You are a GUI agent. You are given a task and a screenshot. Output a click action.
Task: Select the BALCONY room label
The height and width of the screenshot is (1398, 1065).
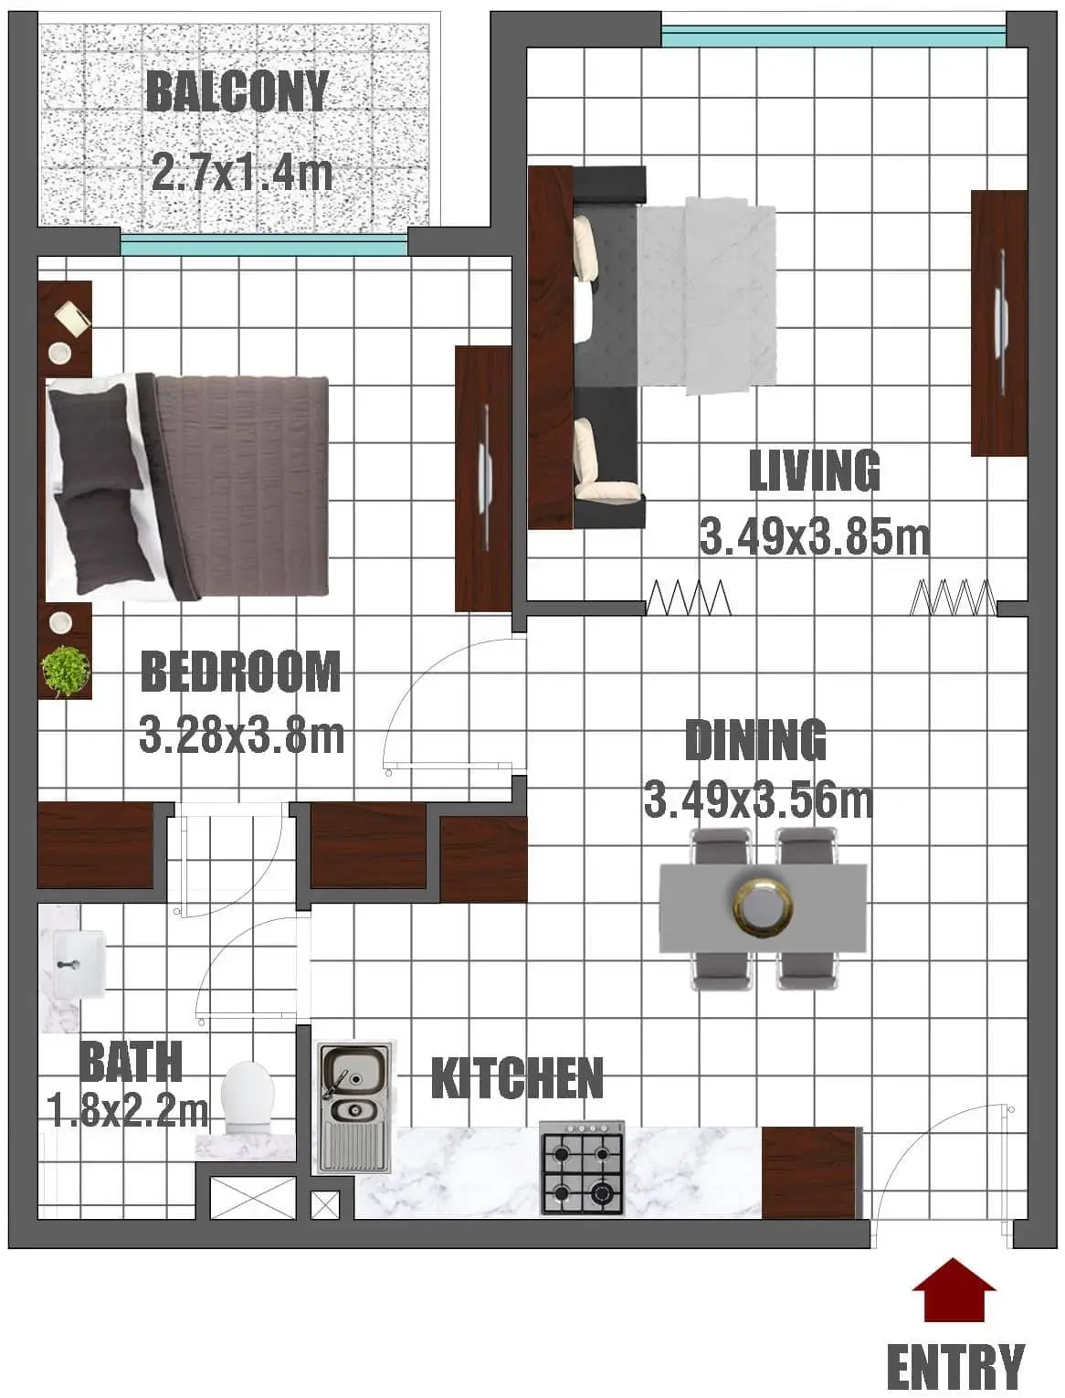(237, 91)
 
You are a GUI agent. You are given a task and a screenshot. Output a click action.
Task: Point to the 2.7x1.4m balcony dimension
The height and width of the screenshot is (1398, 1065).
(242, 171)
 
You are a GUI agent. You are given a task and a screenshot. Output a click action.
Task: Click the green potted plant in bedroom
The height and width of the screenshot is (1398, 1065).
(65, 671)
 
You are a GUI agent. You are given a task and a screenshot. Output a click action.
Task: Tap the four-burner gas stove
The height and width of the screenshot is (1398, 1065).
(582, 1168)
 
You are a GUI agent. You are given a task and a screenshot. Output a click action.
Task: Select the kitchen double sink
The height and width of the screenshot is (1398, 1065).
(354, 1107)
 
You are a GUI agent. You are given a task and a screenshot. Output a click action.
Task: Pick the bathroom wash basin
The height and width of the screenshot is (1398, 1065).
(79, 964)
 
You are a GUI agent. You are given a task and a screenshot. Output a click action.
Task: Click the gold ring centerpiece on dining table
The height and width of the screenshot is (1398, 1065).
(763, 907)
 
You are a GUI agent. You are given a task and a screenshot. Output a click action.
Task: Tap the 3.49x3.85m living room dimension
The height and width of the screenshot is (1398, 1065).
(814, 536)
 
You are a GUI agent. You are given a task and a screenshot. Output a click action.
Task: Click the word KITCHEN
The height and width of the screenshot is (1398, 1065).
(517, 1077)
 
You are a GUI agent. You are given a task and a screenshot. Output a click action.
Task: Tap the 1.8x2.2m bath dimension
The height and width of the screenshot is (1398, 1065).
(127, 1111)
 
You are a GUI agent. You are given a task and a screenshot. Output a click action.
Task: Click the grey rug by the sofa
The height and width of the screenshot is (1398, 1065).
(707, 296)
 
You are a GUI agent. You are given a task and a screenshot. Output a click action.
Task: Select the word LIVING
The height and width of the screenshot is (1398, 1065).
(814, 470)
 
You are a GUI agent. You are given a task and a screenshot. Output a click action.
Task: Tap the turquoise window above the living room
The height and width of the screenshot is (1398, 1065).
(833, 37)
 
